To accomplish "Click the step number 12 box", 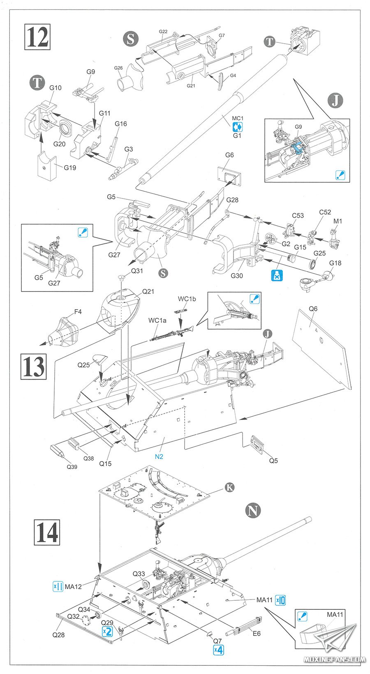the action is [x=37, y=37].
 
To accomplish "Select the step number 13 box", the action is [x=34, y=366].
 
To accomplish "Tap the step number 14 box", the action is [x=46, y=532].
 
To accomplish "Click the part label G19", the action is [x=70, y=168].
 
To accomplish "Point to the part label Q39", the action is [x=72, y=466].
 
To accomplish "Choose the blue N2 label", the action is [x=159, y=457].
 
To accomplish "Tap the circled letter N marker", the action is [x=253, y=510].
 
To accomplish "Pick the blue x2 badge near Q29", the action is [x=107, y=631].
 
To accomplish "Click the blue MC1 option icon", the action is [x=237, y=127].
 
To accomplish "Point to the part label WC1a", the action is [x=157, y=320].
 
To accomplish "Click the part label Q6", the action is [x=313, y=308].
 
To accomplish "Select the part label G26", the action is [x=118, y=68].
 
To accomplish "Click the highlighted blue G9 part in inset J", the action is [x=297, y=147].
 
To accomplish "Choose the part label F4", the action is [x=78, y=312].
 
